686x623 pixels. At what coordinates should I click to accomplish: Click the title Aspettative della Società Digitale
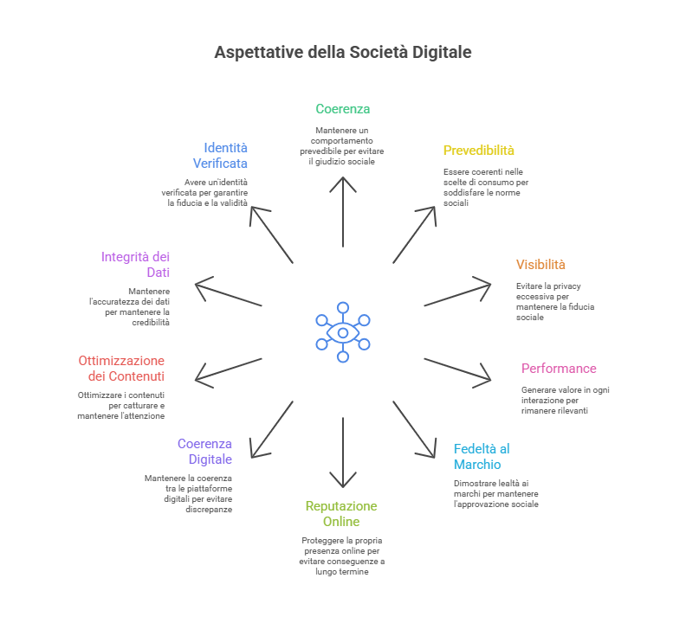(343, 53)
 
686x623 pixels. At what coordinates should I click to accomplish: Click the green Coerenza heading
(343, 109)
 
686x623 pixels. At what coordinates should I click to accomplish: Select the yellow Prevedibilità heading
(479, 151)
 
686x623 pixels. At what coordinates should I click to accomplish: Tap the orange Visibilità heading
(540, 265)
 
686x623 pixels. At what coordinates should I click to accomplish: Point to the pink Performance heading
(559, 369)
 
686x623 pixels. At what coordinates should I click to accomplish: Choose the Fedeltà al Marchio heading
(481, 456)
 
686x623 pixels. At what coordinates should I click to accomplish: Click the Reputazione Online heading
(341, 514)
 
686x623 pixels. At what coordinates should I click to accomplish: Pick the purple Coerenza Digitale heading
(204, 452)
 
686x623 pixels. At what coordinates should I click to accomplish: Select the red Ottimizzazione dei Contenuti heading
(121, 369)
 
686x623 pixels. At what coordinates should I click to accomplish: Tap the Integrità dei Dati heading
(135, 265)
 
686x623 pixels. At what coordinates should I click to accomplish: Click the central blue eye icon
(343, 332)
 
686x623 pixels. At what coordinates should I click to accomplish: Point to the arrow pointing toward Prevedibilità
(414, 234)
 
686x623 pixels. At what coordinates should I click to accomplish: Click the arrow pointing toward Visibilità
(457, 292)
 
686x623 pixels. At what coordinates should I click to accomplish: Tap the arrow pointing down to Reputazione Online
(343, 450)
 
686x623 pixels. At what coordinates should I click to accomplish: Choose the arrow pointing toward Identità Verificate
(271, 234)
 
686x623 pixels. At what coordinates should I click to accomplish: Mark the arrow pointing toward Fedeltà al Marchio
(414, 429)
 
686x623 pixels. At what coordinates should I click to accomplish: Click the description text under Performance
(565, 400)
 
